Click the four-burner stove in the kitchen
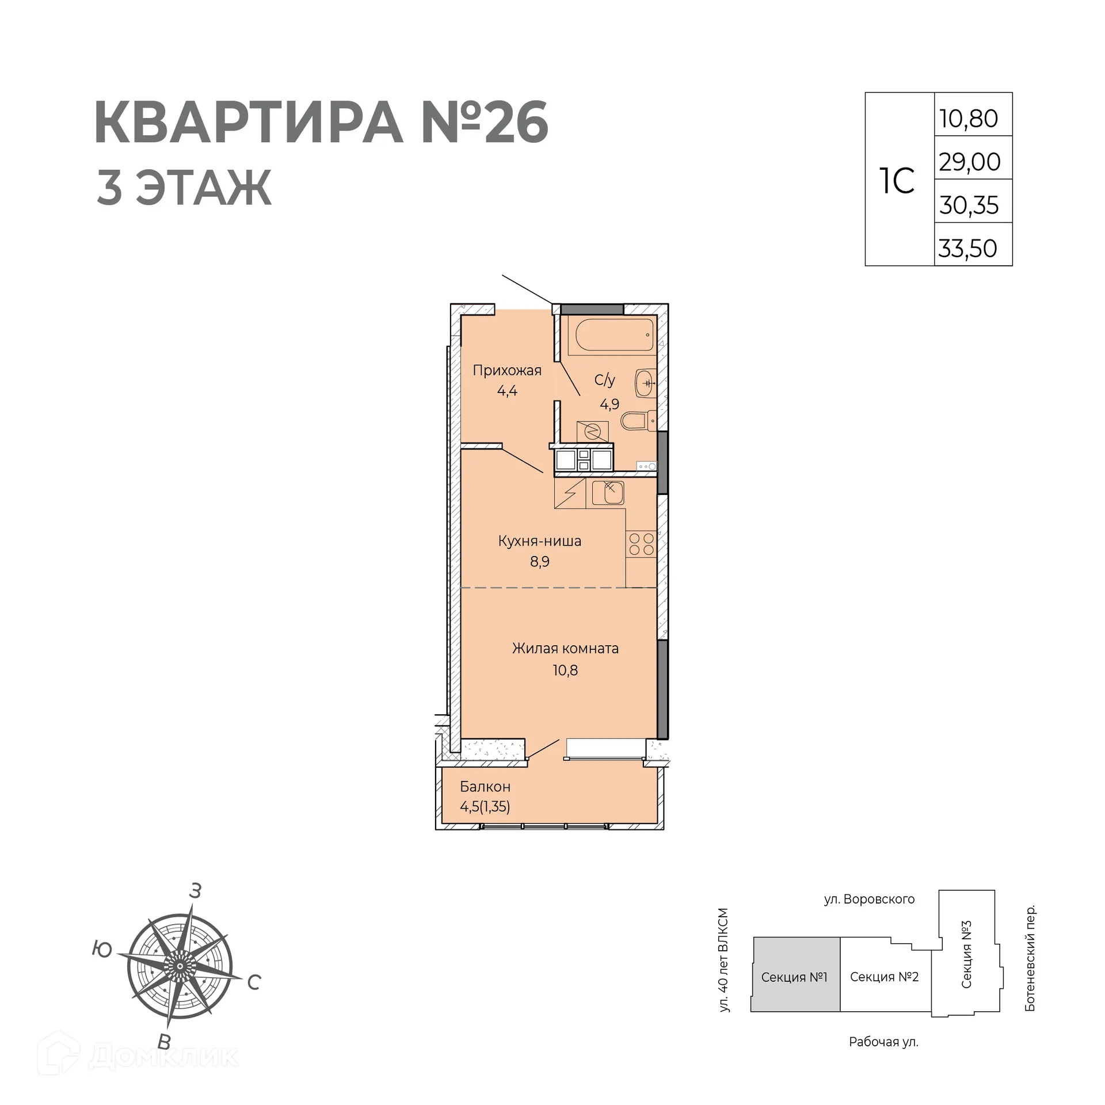[x=641, y=544]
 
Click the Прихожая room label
[x=507, y=370]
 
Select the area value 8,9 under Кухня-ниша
[x=540, y=562]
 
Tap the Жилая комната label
[x=565, y=648]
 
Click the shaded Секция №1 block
[x=794, y=977]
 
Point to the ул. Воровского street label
[x=869, y=899]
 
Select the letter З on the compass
[x=196, y=891]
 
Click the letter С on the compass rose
[x=254, y=982]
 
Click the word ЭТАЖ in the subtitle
[x=203, y=188]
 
